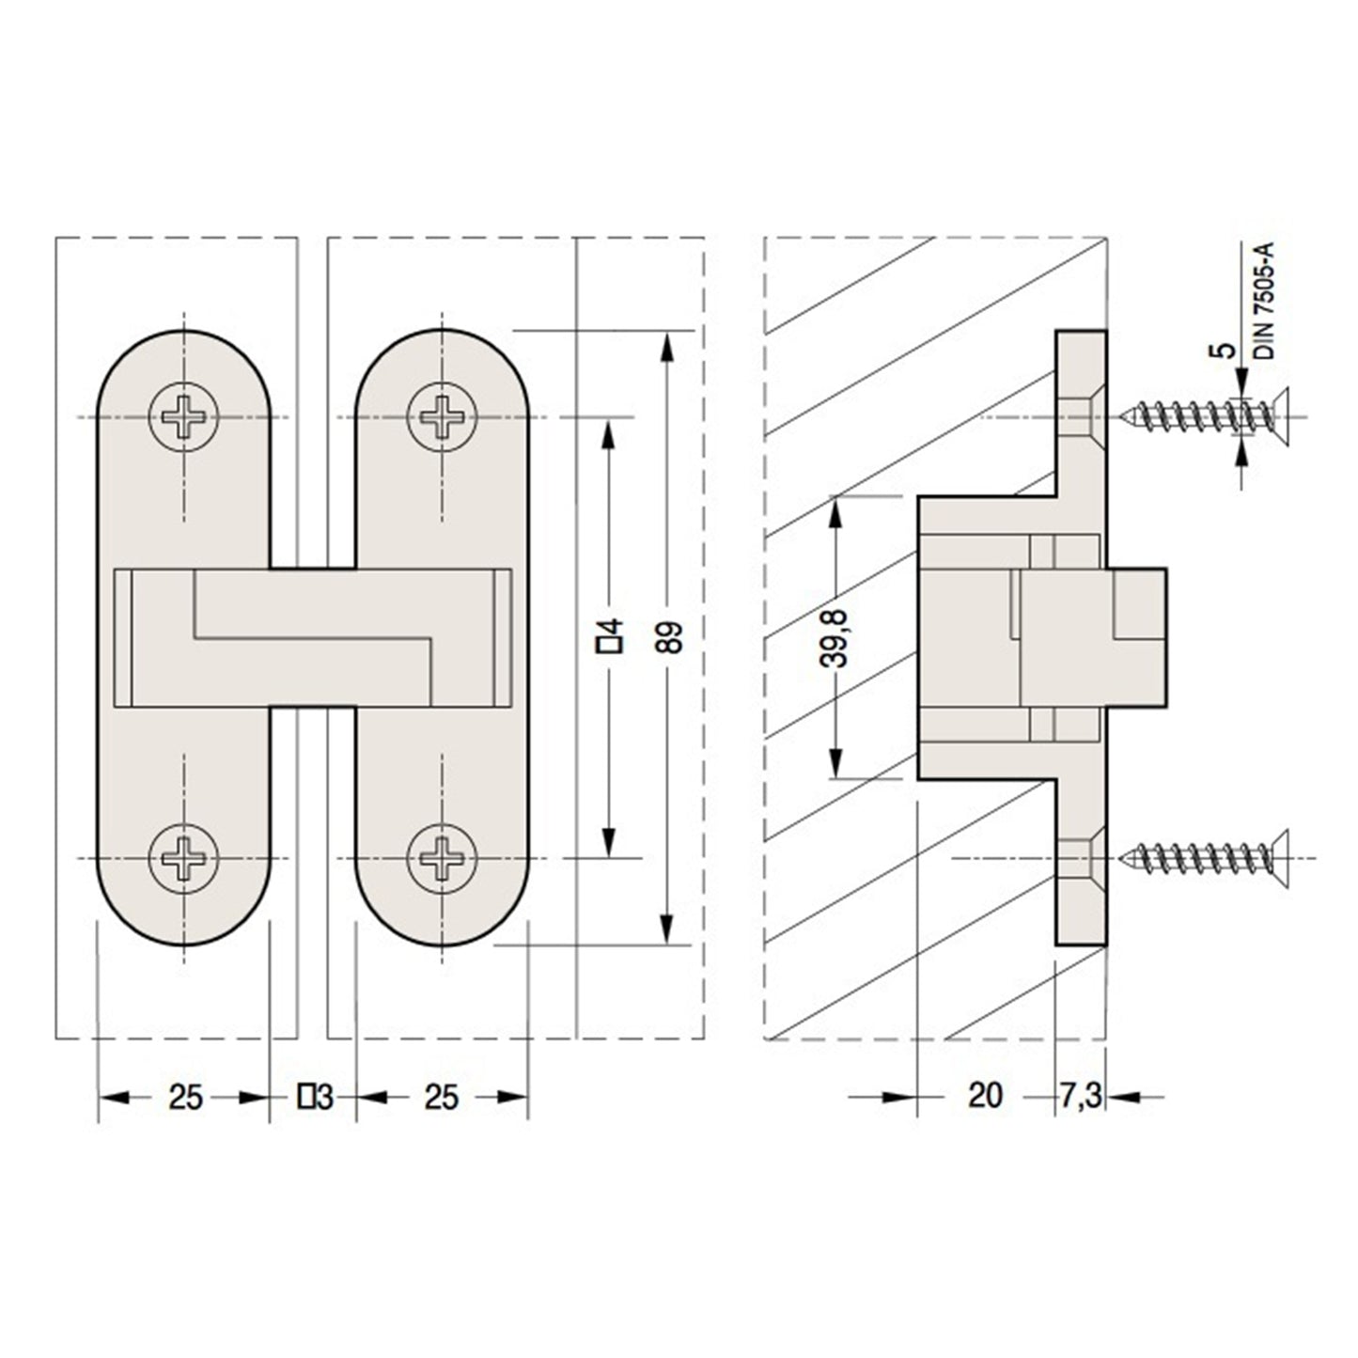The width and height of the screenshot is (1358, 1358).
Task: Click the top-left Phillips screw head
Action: click(x=183, y=416)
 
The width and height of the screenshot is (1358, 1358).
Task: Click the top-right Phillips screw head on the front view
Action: click(x=442, y=416)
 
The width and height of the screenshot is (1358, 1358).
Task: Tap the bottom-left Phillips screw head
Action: click(x=183, y=858)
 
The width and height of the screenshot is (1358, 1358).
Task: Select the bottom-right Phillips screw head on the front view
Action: click(x=442, y=858)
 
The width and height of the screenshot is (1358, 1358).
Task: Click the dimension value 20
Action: click(x=984, y=1096)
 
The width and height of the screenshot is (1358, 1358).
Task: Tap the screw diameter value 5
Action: click(x=1225, y=351)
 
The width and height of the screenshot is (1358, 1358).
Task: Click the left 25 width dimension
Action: click(x=185, y=1097)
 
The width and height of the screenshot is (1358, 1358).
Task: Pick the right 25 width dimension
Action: click(x=441, y=1097)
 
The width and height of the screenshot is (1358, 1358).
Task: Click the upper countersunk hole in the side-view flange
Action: click(x=1082, y=416)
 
